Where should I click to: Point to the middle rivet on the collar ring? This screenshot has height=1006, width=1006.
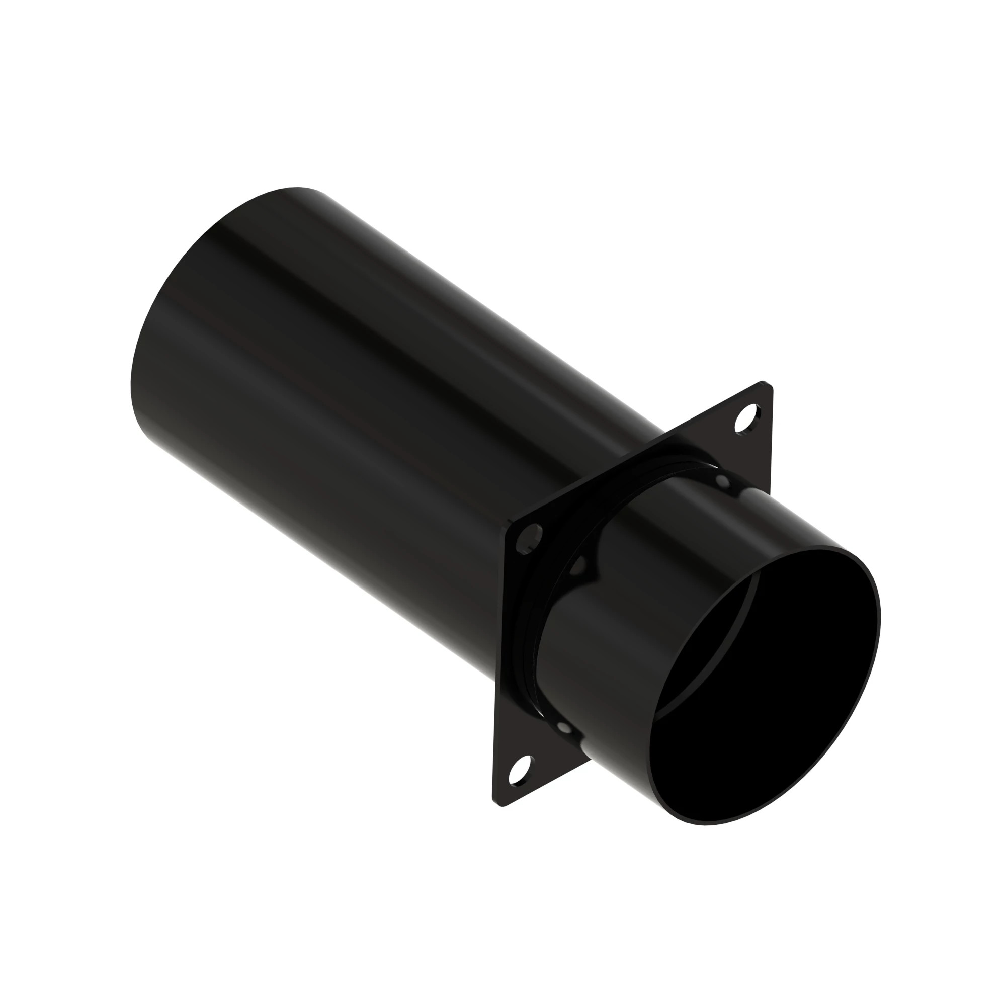(578, 566)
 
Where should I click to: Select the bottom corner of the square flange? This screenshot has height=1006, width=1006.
(502, 806)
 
